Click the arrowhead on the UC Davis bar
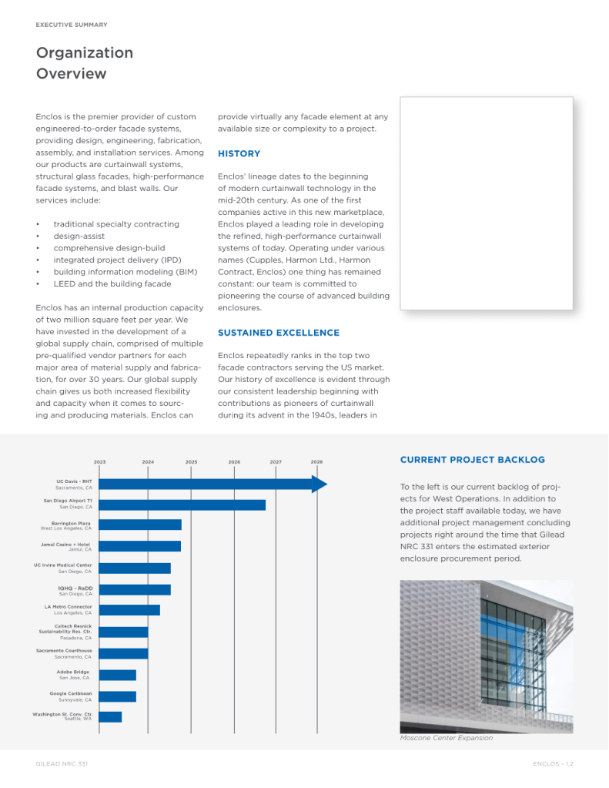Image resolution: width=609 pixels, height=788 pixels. point(320,485)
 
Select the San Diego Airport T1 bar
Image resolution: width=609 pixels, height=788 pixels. point(182,505)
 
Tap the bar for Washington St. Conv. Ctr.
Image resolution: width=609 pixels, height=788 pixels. point(111,717)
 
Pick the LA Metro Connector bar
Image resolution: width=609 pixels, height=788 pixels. point(129,610)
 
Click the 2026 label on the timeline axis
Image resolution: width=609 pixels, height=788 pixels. point(234,461)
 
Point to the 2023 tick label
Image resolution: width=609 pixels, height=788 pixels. point(100,461)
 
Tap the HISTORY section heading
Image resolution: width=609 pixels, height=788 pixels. point(239,154)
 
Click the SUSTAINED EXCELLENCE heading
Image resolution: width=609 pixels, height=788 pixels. point(278,333)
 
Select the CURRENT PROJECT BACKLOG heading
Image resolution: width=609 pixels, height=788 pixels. point(472,460)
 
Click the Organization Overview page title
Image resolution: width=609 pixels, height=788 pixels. point(84,63)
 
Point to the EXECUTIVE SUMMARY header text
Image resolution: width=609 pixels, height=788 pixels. point(72,25)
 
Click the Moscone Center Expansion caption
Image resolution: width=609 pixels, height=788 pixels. point(446,738)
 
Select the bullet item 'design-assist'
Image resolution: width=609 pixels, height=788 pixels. point(79,236)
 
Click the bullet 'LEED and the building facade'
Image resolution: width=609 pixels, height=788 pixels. point(112,284)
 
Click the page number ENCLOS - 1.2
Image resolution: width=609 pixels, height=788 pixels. point(553,763)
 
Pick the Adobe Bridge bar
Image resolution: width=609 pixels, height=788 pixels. point(118,675)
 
